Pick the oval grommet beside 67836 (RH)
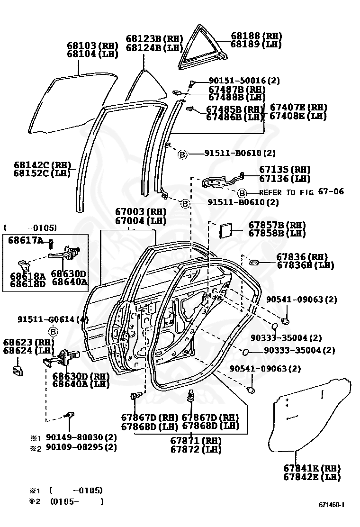[253, 262]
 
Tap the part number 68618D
[27, 284]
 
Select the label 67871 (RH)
[196, 440]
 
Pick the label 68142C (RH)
[42, 165]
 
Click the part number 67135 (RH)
[284, 170]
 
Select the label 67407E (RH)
[298, 108]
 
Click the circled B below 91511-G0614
[53, 331]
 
